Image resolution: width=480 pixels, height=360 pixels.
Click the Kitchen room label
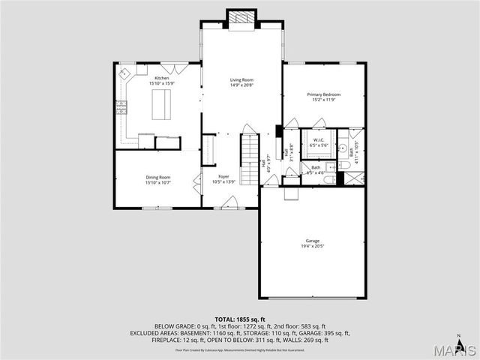coord(162,78)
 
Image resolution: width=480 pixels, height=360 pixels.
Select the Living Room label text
coord(241,79)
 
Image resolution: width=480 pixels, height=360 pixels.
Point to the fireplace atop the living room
coord(241,18)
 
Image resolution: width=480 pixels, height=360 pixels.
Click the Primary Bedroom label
coord(324,94)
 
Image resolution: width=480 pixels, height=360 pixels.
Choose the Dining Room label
coord(157,177)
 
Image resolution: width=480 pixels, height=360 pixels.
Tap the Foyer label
coord(223,176)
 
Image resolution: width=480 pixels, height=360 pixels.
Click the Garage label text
coord(313,241)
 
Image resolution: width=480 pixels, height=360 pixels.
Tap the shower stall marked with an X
coord(353,178)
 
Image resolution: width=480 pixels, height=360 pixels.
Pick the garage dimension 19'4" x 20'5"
coord(313,246)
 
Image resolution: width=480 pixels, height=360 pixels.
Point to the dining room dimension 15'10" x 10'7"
coord(157,182)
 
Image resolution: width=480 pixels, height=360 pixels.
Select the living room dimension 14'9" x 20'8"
coord(241,85)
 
